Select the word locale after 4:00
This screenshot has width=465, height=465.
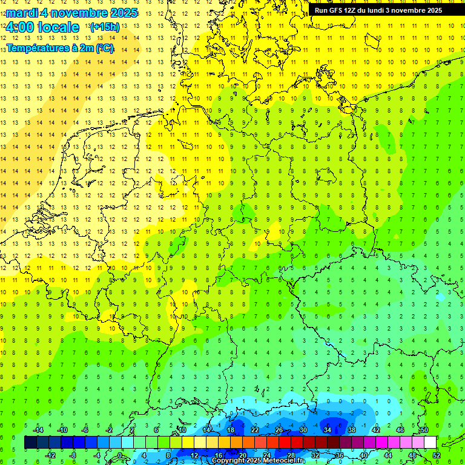pos(58,27)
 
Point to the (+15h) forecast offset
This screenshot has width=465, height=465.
pos(105,27)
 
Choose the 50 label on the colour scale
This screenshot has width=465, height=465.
pos(424,430)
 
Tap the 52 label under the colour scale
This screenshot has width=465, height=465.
pos(437,455)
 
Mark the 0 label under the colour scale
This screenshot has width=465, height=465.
pos(120,455)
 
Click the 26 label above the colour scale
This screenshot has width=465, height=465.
pos(279,430)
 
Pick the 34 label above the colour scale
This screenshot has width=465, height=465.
pos(328,430)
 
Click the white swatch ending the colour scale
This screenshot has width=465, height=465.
pos(430,442)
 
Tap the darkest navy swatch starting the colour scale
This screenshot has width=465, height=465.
pos(30,442)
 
